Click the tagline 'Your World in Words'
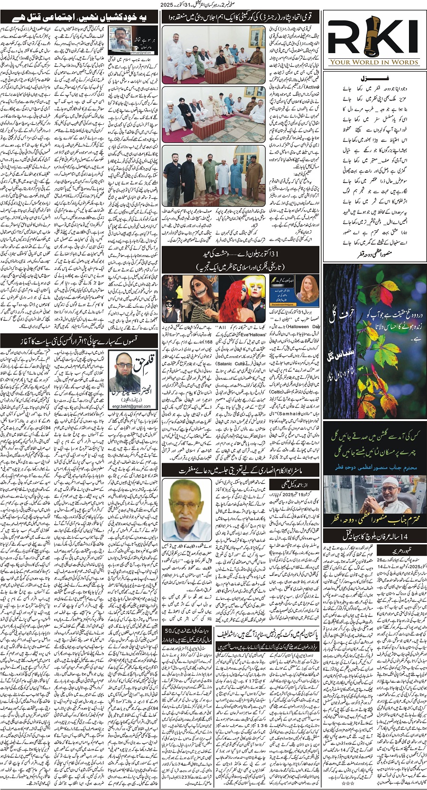point(374,62)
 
